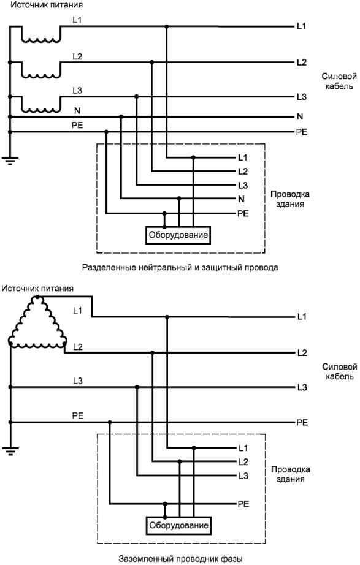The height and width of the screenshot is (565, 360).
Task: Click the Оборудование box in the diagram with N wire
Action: coord(178,235)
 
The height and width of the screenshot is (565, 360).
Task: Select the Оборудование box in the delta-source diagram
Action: coord(178,526)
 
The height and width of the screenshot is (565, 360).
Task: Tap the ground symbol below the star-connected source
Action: coord(10,161)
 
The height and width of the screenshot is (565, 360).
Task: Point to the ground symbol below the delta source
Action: coord(10,451)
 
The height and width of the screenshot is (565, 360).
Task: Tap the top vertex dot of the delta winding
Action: coord(37,297)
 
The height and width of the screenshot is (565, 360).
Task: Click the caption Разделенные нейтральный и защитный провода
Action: coord(180,268)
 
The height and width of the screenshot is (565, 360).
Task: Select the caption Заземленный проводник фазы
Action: coord(180,559)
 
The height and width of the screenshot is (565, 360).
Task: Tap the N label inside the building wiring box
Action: coord(241,199)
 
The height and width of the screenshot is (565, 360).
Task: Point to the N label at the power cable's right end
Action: coord(300,116)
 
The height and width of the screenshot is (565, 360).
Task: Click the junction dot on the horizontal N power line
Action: coord(121,116)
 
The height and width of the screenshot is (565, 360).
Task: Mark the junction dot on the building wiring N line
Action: coord(179,198)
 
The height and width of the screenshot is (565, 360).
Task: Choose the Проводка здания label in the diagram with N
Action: coord(290,199)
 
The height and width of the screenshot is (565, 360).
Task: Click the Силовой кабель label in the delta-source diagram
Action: coord(339,372)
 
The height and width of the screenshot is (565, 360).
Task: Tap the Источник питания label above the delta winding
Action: coord(37,289)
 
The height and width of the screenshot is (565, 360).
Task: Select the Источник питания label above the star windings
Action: coord(46,5)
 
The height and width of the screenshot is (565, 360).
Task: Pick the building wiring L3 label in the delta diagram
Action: coord(243,476)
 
